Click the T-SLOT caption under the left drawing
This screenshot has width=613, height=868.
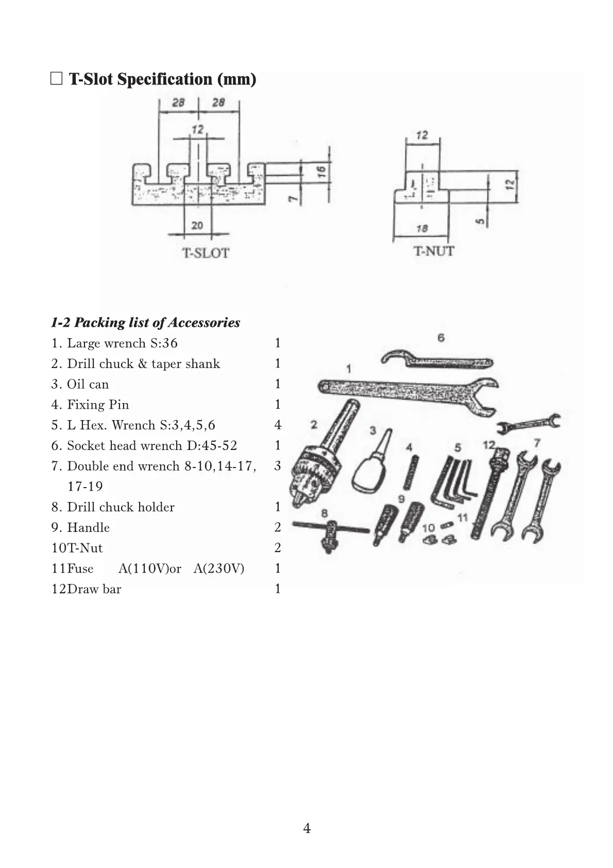206,253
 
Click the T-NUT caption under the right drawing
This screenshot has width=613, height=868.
434,251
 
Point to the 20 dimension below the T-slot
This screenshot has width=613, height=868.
197,225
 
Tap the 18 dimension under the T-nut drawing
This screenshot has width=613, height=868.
422,228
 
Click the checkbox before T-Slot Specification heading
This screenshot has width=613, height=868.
57,79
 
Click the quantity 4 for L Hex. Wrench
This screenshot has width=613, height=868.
278,425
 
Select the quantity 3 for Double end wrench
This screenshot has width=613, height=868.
278,466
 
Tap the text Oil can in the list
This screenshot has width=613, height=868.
88,384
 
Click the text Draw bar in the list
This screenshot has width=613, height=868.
94,589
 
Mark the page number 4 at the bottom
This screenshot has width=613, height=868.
306,828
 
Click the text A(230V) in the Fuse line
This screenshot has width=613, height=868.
219,569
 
